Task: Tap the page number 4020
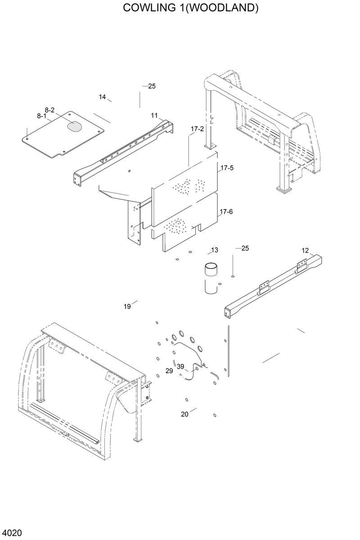pos(11,533)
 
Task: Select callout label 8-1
pos(42,116)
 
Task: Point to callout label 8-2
pos(49,110)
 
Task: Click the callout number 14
pos(102,97)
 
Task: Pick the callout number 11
pos(154,116)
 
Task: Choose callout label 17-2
pos(197,129)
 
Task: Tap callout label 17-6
pos(226,211)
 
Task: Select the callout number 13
pos(214,250)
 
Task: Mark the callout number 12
pos(305,250)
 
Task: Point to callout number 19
pos(127,307)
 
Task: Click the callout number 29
pos(169,370)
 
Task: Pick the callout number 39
pos(180,366)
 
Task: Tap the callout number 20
pos(184,414)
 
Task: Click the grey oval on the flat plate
pos(75,126)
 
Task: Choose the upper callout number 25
pos(152,86)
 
